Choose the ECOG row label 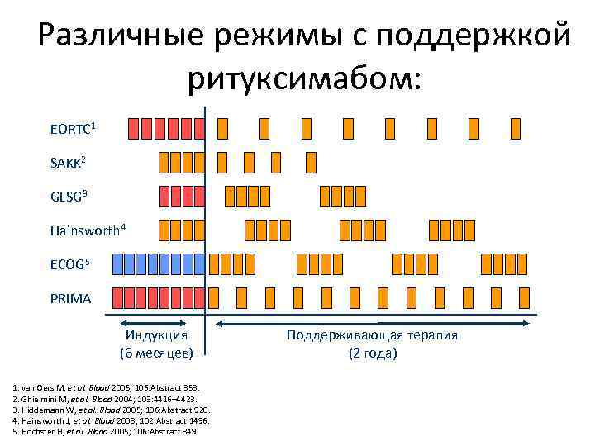[x=69, y=264]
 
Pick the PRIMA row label [x=70, y=298]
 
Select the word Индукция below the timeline [x=156, y=335]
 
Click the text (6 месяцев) [x=156, y=353]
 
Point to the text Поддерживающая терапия [x=372, y=335]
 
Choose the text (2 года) [x=372, y=353]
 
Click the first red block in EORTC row [x=134, y=128]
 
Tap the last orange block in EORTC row [x=516, y=128]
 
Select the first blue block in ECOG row [x=117, y=263]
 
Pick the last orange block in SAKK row [x=310, y=162]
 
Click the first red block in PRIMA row [x=117, y=297]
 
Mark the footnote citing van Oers [x=104, y=388]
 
